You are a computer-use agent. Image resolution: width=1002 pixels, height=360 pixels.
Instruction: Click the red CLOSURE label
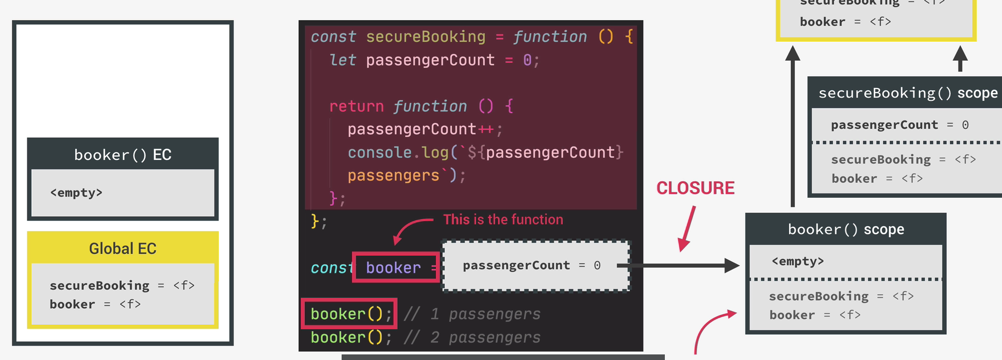tap(695, 188)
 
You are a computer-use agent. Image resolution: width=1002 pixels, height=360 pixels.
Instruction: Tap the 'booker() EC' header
tap(123, 155)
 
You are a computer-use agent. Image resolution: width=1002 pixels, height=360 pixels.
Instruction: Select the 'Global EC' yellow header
tap(123, 249)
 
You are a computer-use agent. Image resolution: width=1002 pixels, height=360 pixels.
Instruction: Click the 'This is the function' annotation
tap(503, 220)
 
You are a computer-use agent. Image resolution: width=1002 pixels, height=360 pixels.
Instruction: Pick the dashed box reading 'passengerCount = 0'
tap(535, 266)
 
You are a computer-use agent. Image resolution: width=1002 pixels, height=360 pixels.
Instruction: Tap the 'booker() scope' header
tap(845, 230)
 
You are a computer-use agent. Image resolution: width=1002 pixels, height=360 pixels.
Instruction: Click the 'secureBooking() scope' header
tap(907, 93)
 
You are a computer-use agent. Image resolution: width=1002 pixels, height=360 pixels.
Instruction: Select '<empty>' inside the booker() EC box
tap(76, 193)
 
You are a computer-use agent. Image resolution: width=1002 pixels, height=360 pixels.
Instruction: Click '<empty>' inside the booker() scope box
tap(797, 261)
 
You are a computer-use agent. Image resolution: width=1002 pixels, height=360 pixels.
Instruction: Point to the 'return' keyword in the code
tap(356, 106)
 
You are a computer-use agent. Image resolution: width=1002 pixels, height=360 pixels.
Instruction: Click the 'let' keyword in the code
tap(342, 60)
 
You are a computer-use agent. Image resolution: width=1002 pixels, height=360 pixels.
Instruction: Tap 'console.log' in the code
tap(398, 153)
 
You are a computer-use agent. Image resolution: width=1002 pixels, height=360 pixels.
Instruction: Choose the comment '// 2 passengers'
tap(472, 338)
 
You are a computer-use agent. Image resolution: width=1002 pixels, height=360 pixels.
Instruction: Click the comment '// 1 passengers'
tap(472, 314)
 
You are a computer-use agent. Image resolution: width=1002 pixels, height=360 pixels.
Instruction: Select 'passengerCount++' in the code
tap(420, 129)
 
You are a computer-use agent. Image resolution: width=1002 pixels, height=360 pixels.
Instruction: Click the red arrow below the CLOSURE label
tap(687, 228)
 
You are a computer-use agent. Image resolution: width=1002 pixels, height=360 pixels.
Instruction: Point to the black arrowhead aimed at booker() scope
tap(731, 266)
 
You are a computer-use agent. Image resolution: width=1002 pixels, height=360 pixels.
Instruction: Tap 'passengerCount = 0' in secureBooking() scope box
tap(899, 125)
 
